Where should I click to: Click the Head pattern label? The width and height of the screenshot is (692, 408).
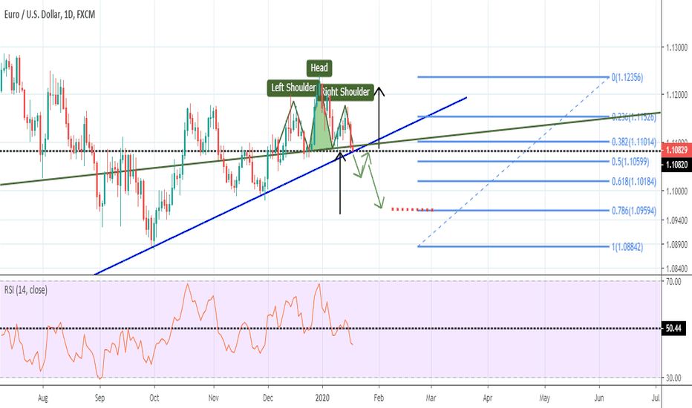319,68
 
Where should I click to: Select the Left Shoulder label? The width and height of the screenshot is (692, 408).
293,88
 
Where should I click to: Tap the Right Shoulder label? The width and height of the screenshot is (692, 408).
346,92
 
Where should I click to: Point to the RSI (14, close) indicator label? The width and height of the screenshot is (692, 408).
26,290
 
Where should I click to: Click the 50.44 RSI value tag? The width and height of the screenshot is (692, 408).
674,329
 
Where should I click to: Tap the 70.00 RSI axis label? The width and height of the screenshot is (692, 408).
673,282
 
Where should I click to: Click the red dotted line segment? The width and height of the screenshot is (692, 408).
412,209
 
